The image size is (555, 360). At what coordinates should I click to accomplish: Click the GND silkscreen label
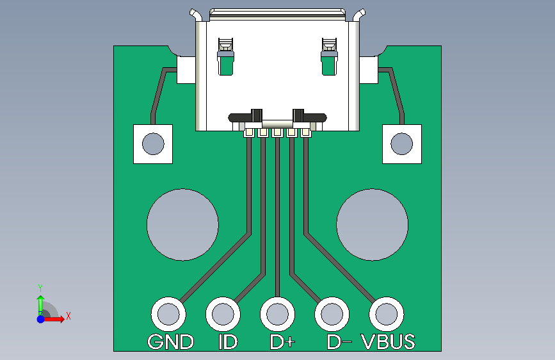(171, 341)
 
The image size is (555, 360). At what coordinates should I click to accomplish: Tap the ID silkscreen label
(228, 341)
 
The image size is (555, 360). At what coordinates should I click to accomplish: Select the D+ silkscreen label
(282, 341)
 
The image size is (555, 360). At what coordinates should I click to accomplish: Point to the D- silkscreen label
(339, 341)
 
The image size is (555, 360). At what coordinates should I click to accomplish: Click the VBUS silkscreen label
(388, 341)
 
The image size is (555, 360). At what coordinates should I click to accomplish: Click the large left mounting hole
(182, 225)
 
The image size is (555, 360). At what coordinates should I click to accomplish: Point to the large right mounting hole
(373, 225)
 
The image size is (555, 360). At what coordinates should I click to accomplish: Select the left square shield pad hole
(153, 144)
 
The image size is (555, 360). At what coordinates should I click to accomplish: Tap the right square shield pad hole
(402, 144)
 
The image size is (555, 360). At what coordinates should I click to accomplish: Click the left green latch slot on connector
(226, 64)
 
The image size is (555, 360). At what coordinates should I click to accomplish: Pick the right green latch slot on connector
(329, 64)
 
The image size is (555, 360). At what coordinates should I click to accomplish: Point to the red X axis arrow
(53, 319)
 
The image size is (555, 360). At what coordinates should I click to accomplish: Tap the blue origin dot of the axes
(41, 319)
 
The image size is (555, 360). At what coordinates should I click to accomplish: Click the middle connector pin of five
(277, 133)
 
